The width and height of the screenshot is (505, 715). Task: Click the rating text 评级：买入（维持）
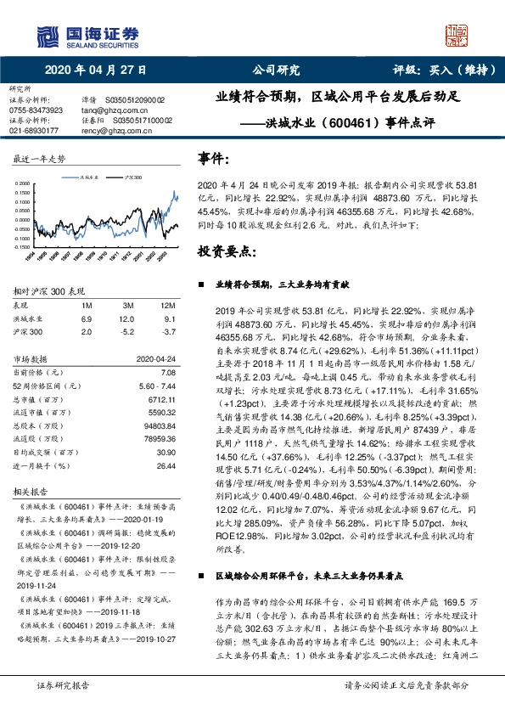pos(443,70)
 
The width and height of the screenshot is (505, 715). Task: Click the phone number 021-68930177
pos(34,131)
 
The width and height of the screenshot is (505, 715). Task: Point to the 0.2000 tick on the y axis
pos(24,182)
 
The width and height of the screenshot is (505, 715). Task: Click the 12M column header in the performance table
pos(166,304)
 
